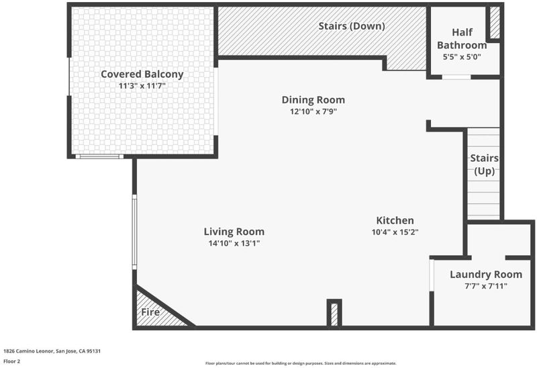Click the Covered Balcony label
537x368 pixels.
coord(142,74)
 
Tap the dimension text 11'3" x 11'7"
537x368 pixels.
coord(142,86)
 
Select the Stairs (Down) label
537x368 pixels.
coord(352,26)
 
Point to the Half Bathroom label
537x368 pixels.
coord(462,38)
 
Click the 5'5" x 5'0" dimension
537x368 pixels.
coord(462,57)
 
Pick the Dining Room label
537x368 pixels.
coord(313,99)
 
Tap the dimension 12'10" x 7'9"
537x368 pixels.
coord(313,111)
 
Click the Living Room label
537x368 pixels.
coord(234,232)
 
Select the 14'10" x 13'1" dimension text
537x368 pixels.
coord(234,243)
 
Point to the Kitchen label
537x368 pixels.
coord(395,220)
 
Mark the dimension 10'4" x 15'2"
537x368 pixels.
coord(395,232)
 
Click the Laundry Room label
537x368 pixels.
coord(486,274)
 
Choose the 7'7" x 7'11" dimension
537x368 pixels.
coord(486,286)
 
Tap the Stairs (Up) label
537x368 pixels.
coord(484,165)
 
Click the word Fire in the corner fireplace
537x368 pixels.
coord(150,312)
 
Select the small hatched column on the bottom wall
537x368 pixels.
coord(334,314)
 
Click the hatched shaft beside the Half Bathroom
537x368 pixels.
coord(495,23)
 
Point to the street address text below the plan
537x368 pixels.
coord(52,351)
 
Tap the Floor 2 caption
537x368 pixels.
coord(12,361)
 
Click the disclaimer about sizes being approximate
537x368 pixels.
coord(301,363)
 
